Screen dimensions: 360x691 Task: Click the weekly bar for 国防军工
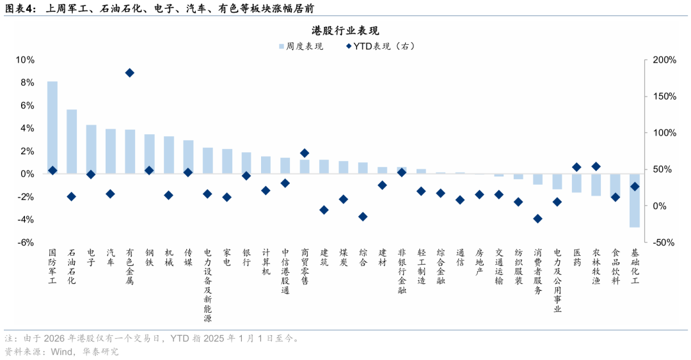(x=52, y=128)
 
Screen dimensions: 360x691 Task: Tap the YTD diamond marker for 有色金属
(x=130, y=73)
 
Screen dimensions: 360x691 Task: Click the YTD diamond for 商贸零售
(x=305, y=153)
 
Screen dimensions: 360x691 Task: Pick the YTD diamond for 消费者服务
(x=537, y=219)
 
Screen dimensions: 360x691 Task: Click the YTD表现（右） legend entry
(x=381, y=47)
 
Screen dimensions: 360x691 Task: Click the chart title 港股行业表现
(x=345, y=31)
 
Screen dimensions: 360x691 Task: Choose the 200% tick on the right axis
(x=663, y=60)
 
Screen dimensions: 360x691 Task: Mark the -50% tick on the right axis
(x=663, y=242)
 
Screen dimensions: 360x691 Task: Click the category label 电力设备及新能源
(x=208, y=285)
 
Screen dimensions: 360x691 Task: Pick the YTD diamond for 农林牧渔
(x=596, y=166)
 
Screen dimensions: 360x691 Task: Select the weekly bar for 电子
(x=91, y=149)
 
